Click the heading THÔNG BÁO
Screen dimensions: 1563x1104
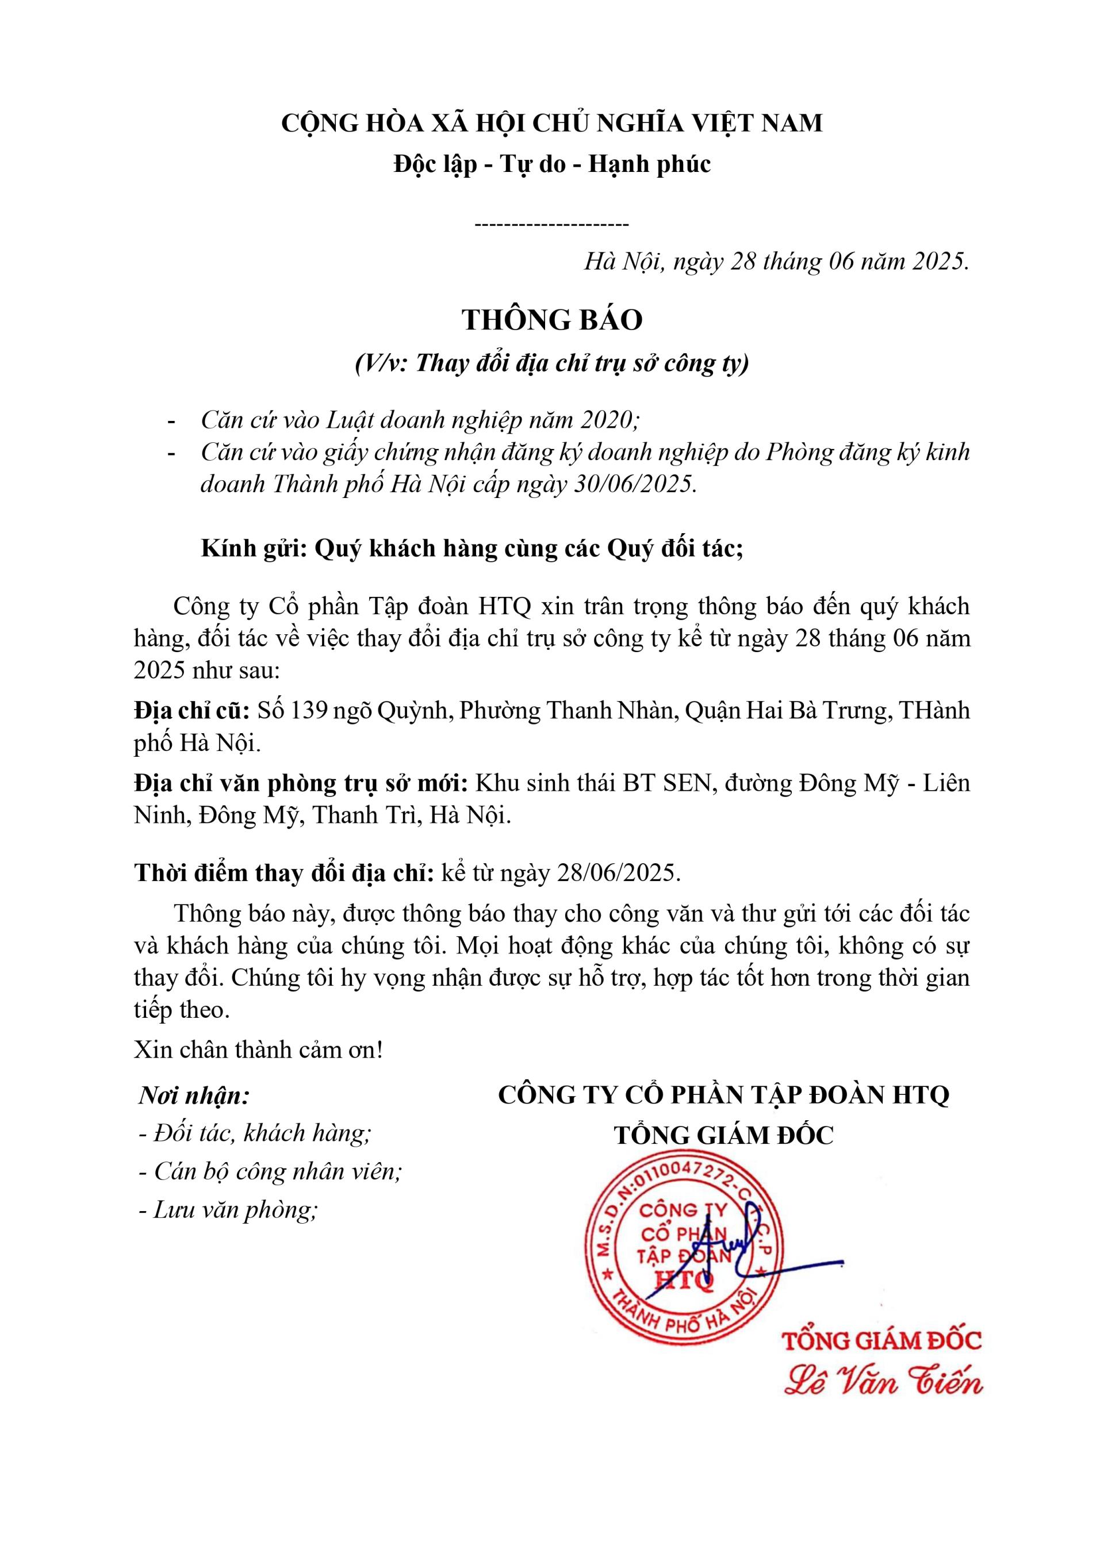[x=552, y=320]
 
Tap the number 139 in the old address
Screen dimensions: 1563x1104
[x=307, y=711]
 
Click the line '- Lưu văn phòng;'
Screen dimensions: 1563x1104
[x=229, y=1210]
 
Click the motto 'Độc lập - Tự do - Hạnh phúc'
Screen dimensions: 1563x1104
[x=552, y=164]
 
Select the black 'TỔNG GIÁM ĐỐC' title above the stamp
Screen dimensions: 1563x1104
[x=723, y=1135]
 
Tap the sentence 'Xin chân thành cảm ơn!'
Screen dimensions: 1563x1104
[x=259, y=1049]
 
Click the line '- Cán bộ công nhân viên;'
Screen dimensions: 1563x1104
[x=270, y=1171]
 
